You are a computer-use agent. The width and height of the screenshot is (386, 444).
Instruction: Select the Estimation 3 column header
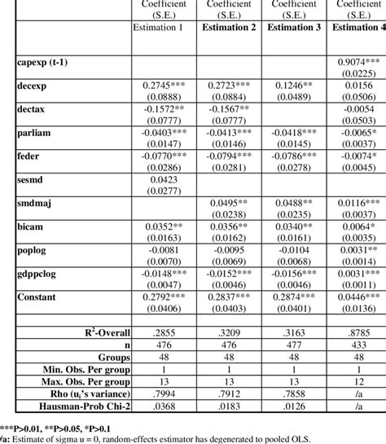293,28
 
